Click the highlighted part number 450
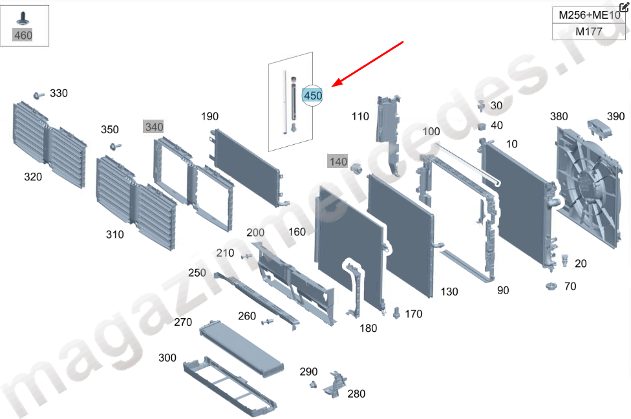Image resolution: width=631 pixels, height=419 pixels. [313, 96]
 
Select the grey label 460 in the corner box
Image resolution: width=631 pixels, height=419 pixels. [23, 36]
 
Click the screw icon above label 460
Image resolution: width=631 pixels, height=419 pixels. [23, 19]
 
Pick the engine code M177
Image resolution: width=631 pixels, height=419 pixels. [589, 32]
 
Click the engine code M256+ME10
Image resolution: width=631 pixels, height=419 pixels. [590, 16]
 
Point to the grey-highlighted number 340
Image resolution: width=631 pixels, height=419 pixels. [154, 127]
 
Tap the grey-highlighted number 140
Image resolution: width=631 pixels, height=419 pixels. [338, 162]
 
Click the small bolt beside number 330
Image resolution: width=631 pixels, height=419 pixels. [39, 96]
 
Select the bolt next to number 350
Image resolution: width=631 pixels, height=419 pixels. [115, 146]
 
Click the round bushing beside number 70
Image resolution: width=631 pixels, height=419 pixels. [551, 286]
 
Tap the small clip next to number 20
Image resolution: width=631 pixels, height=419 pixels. [564, 261]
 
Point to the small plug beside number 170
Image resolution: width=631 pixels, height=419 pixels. [396, 313]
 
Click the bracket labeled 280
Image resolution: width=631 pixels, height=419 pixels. [334, 385]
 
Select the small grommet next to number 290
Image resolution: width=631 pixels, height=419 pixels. [313, 385]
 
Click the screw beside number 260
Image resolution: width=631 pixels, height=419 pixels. [267, 322]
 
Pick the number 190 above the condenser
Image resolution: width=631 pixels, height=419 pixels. [209, 116]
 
